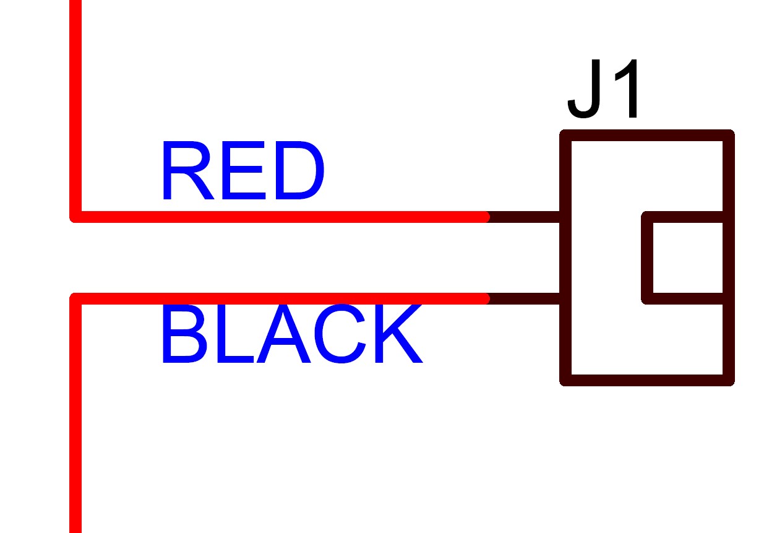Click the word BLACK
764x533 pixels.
pyautogui.click(x=291, y=336)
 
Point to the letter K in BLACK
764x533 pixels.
pyautogui.click(x=396, y=336)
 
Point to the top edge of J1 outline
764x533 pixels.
pyautogui.click(x=646, y=136)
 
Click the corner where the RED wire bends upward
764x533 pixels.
pyautogui.click(x=75, y=217)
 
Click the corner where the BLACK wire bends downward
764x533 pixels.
pyautogui.click(x=75, y=299)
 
